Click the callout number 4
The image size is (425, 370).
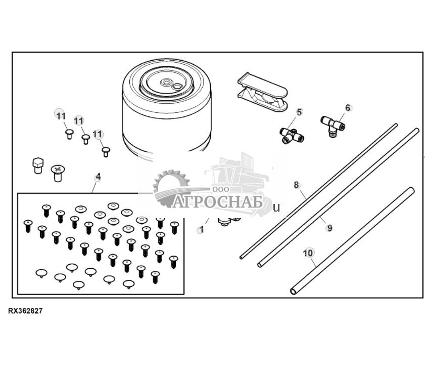pyautogui.click(x=98, y=177)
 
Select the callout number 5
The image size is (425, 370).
pyautogui.click(x=299, y=112)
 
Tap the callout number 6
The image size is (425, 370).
pyautogui.click(x=348, y=108)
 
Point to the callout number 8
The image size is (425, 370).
pyautogui.click(x=297, y=185)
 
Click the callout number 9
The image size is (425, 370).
pyautogui.click(x=329, y=227)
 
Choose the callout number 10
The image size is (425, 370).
pyautogui.click(x=308, y=253)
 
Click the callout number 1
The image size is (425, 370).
pyautogui.click(x=201, y=230)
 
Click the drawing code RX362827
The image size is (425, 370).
pyautogui.click(x=25, y=311)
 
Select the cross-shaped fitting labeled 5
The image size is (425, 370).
pyautogui.click(x=292, y=136)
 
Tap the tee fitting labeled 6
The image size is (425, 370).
pyautogui.click(x=333, y=126)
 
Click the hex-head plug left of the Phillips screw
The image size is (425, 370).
pyautogui.click(x=38, y=166)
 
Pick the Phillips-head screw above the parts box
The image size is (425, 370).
pyautogui.click(x=58, y=174)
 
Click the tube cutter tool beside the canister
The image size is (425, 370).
pyautogui.click(x=262, y=92)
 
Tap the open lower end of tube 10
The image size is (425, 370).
pyautogui.click(x=293, y=292)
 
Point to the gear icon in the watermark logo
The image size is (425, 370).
pyautogui.click(x=171, y=187)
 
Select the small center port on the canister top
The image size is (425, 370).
pyautogui.click(x=166, y=81)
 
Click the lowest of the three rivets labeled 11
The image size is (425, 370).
pyautogui.click(x=106, y=152)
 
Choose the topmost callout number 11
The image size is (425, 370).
pyautogui.click(x=61, y=116)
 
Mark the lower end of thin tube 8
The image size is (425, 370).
pyautogui.click(x=241, y=258)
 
